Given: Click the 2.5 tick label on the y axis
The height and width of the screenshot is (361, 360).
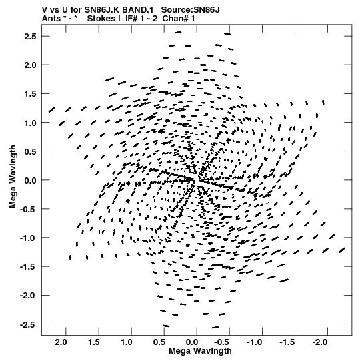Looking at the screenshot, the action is tap(30, 37).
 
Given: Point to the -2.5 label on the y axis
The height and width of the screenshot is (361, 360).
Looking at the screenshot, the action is tap(28, 324).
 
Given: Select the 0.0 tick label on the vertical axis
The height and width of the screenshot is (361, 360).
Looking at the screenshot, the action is tap(30, 180).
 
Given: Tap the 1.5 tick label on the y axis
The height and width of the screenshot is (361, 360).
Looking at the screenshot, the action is tap(30, 94).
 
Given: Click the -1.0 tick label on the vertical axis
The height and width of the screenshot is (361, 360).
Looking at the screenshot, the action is tap(28, 238).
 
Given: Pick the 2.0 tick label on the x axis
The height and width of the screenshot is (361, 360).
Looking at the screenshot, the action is tap(61, 342).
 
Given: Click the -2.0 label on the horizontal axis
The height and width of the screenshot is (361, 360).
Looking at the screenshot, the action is tap(321, 342).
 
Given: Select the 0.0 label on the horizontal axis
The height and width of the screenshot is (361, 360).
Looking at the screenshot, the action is tap(192, 342).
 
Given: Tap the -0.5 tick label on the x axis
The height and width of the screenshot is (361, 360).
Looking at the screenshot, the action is tap(223, 342).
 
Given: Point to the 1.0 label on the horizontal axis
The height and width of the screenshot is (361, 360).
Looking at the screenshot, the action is tap(127, 342).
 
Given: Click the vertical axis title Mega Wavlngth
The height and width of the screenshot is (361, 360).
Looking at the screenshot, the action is tap(13, 177).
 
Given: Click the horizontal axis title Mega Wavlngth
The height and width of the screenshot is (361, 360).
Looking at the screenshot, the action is tap(200, 351).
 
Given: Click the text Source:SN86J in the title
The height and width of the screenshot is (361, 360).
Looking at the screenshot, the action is tap(190, 10).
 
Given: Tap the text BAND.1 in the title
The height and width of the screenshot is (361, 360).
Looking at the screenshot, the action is tap(138, 10).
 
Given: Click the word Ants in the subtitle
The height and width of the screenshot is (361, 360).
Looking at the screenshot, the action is tap(51, 19).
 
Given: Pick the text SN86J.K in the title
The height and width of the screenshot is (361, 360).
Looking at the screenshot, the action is tap(102, 10).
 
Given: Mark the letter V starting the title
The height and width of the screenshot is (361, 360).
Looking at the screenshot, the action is tap(45, 10).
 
